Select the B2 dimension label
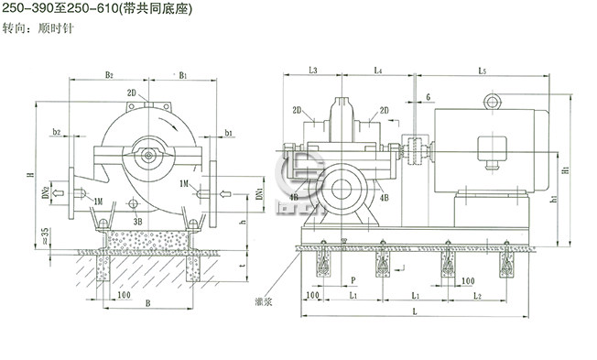point(108,75)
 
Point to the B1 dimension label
point(184,75)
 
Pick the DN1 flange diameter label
point(260,195)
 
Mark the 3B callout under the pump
point(136,221)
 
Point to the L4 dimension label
point(378,70)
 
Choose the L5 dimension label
point(482,70)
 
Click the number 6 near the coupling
point(428,96)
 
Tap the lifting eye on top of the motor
point(494,98)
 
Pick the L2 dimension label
point(478,298)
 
